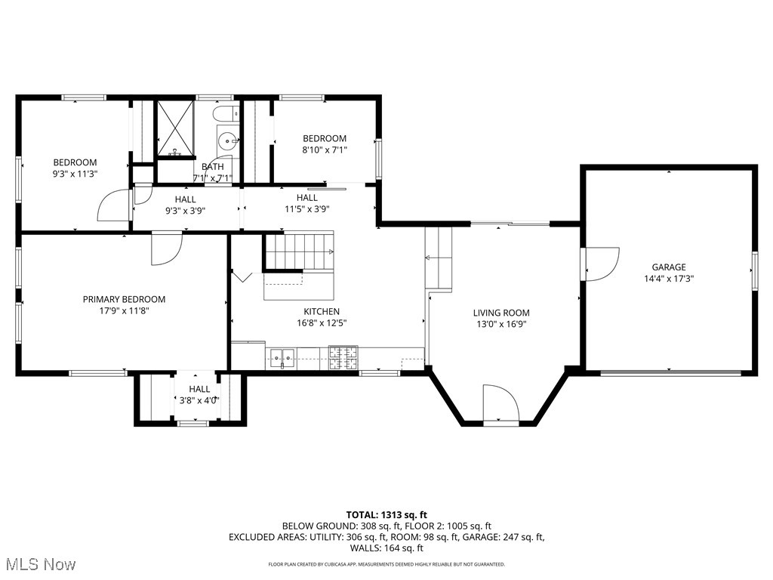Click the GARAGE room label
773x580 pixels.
point(669,267)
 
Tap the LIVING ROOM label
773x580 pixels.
point(501,313)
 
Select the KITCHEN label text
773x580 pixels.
point(322,311)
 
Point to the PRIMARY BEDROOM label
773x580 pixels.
point(124,299)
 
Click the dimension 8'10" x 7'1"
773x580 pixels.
point(325,150)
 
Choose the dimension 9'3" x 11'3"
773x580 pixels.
point(75,174)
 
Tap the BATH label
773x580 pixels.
point(213,167)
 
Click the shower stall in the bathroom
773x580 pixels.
point(175,129)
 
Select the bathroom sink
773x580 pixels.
point(228,140)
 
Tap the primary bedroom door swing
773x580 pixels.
point(166,249)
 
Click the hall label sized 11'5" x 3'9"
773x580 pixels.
point(307,203)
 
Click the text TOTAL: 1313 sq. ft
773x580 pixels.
point(386,514)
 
